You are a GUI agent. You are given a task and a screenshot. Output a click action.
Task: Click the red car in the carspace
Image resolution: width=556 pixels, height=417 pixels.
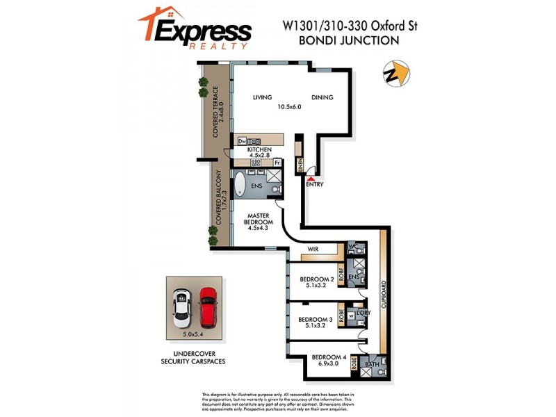[x=208, y=306]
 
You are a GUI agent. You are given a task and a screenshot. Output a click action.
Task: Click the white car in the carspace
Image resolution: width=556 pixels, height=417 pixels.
[x=182, y=306]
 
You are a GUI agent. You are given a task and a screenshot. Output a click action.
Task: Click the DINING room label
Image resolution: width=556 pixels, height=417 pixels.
[x=322, y=97]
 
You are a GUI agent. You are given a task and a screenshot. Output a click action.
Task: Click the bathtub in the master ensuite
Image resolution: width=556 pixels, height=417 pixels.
[x=240, y=186]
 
